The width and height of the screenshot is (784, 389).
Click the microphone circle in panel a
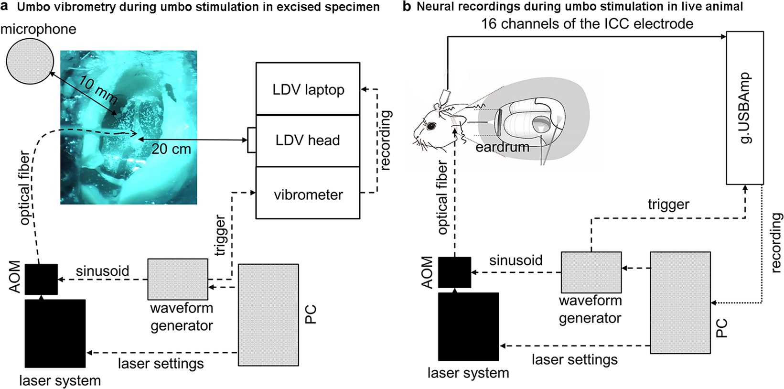tap(29, 61)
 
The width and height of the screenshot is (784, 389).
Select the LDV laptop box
tap(308, 89)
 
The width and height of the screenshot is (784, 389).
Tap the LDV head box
tap(308, 140)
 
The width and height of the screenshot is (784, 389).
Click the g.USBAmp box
tap(745, 108)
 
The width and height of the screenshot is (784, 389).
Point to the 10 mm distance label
tap(98, 90)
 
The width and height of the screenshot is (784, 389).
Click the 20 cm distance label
tap(171, 150)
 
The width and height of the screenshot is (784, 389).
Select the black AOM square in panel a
tap(41, 279)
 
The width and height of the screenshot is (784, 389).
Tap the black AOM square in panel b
tap(454, 272)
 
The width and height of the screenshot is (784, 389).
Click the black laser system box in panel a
tap(55, 334)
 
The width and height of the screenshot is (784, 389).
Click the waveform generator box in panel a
tap(178, 279)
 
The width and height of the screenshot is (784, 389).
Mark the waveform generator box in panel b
tap(591, 272)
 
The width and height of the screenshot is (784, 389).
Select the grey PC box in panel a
tap(268, 314)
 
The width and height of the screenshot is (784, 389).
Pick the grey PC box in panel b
tap(680, 303)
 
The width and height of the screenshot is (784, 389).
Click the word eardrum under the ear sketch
tap(502, 147)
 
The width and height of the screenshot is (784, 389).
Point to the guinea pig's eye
tap(431, 126)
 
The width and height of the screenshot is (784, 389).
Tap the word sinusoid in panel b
tap(516, 260)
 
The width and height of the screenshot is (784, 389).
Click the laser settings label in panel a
tap(161, 364)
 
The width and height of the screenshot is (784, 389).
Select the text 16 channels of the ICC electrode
tap(587, 23)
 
